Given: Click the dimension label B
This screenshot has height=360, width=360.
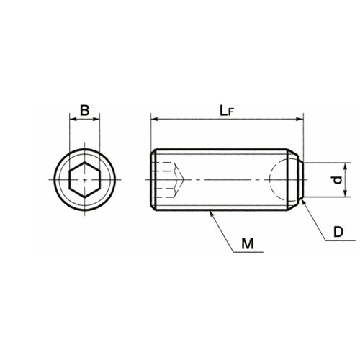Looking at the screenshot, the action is click(x=84, y=110).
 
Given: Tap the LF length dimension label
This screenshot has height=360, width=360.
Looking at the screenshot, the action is click(x=227, y=111).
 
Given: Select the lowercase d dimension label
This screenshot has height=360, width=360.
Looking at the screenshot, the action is click(x=338, y=179).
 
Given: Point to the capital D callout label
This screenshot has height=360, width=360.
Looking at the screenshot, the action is click(x=338, y=232).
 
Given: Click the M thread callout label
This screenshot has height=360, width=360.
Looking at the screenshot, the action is click(x=248, y=244).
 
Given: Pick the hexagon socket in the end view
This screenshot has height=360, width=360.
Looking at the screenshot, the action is click(x=84, y=179).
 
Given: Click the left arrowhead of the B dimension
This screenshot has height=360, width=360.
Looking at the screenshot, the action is click(x=73, y=119).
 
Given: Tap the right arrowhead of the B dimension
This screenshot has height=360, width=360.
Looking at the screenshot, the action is click(x=96, y=119).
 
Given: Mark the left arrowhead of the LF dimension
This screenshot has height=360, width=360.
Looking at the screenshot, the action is click(x=154, y=119).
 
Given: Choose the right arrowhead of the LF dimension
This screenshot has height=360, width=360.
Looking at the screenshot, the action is click(x=300, y=119).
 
